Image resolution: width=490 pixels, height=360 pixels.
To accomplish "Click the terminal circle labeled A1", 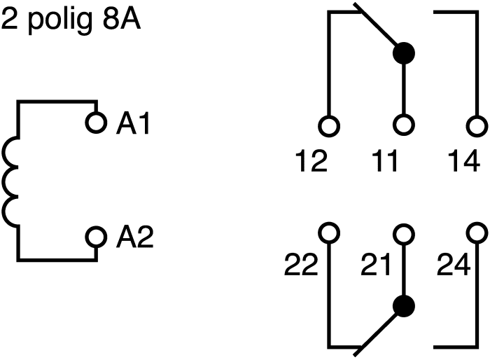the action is pyautogui.click(x=96, y=123).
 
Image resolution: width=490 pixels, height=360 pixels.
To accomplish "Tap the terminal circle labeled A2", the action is pyautogui.click(x=96, y=237).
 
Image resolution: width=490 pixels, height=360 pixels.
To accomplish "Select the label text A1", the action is pyautogui.click(x=134, y=123).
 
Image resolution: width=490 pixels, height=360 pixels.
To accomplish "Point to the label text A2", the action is pyautogui.click(x=134, y=237).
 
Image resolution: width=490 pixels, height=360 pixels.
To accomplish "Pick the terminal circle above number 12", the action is pyautogui.click(x=329, y=126).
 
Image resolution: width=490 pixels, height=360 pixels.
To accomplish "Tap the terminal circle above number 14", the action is pyautogui.click(x=477, y=126).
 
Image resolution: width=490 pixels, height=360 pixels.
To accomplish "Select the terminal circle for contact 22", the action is pyautogui.click(x=329, y=233).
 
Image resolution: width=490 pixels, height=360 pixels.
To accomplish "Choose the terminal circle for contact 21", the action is pyautogui.click(x=404, y=234).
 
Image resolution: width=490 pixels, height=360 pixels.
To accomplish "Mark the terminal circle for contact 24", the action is pyautogui.click(x=477, y=233).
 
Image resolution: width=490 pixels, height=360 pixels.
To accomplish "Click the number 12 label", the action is pyautogui.click(x=311, y=160).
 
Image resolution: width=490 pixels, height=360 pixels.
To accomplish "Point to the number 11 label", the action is pyautogui.click(x=385, y=160).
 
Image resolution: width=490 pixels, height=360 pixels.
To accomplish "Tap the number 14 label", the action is pyautogui.click(x=463, y=160).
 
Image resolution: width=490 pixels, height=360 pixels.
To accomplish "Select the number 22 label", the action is pyautogui.click(x=300, y=265).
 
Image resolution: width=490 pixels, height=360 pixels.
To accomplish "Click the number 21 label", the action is pyautogui.click(x=376, y=265).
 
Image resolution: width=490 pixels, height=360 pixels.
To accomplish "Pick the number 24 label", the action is pyautogui.click(x=453, y=265).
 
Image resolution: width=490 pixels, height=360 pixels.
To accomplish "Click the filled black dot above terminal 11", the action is pyautogui.click(x=404, y=53).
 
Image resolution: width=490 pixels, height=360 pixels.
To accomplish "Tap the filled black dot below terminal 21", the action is pyautogui.click(x=404, y=306).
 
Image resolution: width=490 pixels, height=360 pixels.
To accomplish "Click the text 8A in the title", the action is pyautogui.click(x=122, y=19).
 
